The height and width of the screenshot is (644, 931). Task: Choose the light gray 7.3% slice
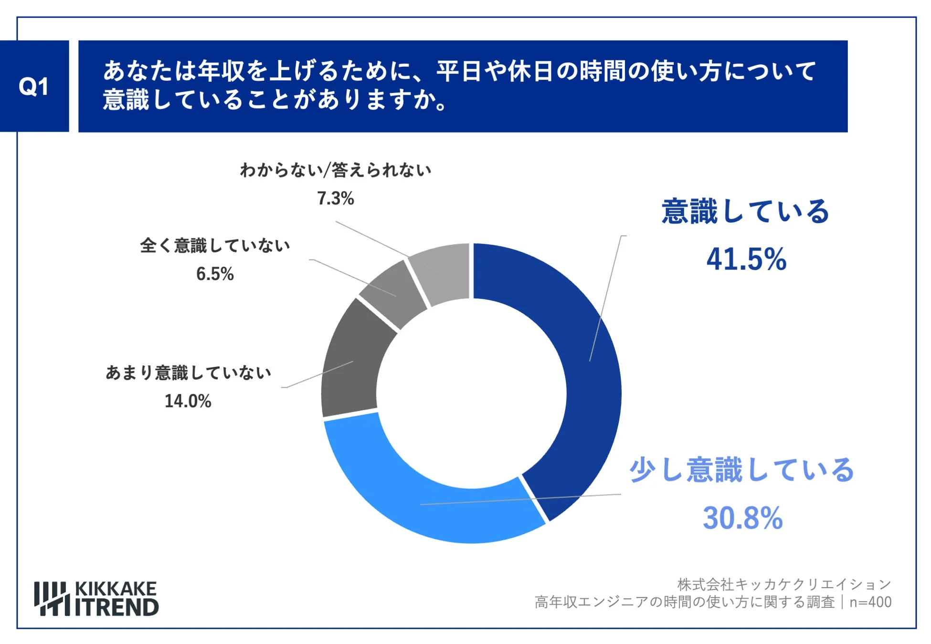[x=442, y=272]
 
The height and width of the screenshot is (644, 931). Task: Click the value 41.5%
[x=746, y=260]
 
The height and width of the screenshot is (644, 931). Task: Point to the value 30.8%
[x=742, y=518]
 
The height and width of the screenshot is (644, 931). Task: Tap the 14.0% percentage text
[x=188, y=401]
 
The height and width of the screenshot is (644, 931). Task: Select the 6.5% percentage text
[x=215, y=274]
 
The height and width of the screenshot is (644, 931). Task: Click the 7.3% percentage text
[x=335, y=198]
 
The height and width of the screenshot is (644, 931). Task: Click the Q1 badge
[x=34, y=86]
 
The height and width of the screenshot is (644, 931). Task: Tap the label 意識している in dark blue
[x=745, y=211]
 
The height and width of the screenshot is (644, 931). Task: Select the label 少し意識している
[x=741, y=470]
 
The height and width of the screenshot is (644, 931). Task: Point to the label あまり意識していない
[x=188, y=373]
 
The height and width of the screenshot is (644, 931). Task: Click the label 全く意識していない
[x=215, y=246]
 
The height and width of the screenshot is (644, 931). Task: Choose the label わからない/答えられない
[x=335, y=170]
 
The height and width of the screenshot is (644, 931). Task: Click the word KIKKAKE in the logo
[x=116, y=589]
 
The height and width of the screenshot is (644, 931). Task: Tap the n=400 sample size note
[x=870, y=602]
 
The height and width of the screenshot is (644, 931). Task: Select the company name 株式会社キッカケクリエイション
[x=784, y=584]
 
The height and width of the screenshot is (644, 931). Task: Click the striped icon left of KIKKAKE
[x=52, y=599]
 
